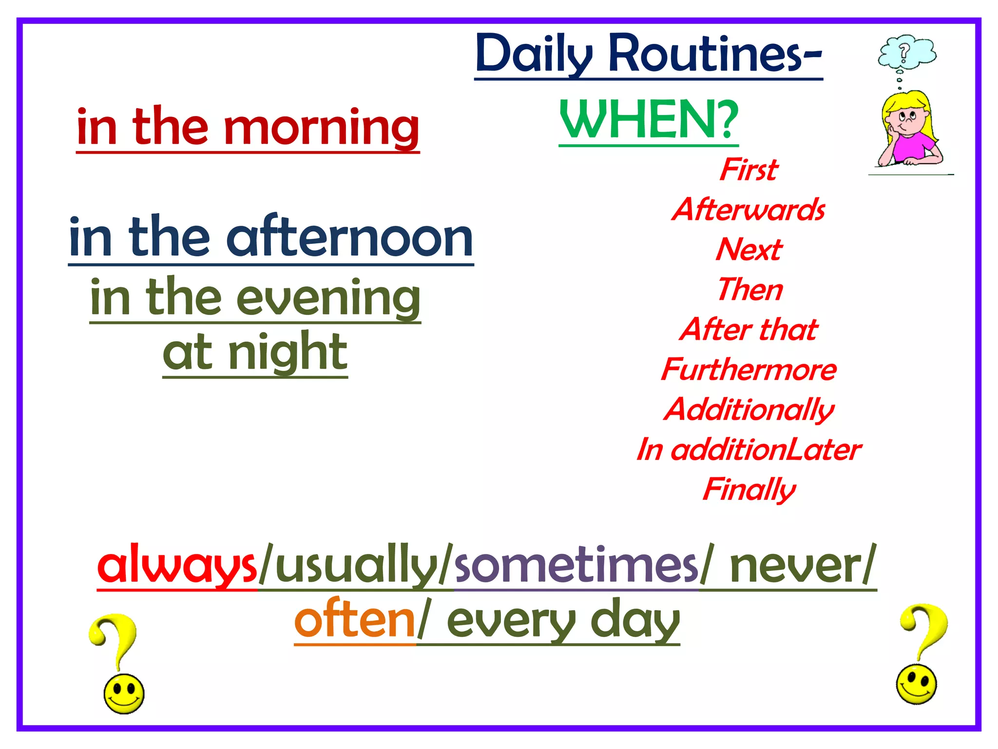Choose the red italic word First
[x=749, y=170]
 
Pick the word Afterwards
[x=748, y=210]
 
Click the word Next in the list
[x=749, y=250]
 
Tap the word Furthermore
[x=748, y=370]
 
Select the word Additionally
[x=749, y=410]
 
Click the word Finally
[x=749, y=490]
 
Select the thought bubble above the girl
[x=907, y=51]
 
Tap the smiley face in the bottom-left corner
[x=124, y=694]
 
